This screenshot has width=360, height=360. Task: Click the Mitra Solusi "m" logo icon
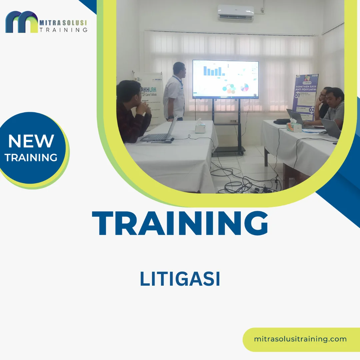coord(22,22)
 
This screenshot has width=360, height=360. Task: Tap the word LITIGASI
coord(180,279)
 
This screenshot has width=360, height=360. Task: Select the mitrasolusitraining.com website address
coord(300,339)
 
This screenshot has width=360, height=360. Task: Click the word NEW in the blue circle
coord(31,141)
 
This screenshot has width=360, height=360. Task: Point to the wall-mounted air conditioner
coord(236,13)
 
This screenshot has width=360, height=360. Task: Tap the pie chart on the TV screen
coord(245,87)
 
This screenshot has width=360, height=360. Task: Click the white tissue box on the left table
coord(200,127)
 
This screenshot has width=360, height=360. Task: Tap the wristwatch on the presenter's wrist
coord(171,117)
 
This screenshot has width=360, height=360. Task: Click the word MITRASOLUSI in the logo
coord(63,23)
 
